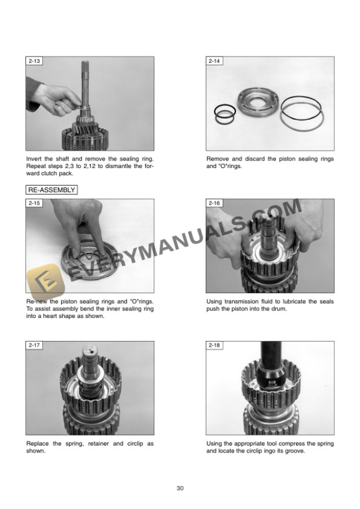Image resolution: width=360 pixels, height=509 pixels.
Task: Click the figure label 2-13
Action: pos(34,61)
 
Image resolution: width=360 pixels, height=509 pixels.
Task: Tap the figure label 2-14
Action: pos(215,61)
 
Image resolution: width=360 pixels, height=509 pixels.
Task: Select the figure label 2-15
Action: pos(34,203)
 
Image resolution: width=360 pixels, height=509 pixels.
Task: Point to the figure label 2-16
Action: pos(215,203)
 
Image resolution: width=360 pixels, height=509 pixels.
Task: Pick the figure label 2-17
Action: pos(34,345)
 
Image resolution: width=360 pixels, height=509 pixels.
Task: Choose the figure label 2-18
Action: pos(215,345)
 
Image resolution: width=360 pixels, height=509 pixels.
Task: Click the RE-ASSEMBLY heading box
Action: pos(52,190)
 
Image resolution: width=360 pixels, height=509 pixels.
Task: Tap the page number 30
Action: pos(180,488)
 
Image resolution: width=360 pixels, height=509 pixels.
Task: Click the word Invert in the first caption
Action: pos(34,159)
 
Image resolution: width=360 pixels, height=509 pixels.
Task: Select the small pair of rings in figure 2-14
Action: pos(225,114)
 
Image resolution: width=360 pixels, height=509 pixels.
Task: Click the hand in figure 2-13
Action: pos(55,99)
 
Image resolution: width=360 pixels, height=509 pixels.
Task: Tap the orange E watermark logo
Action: pos(46,281)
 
